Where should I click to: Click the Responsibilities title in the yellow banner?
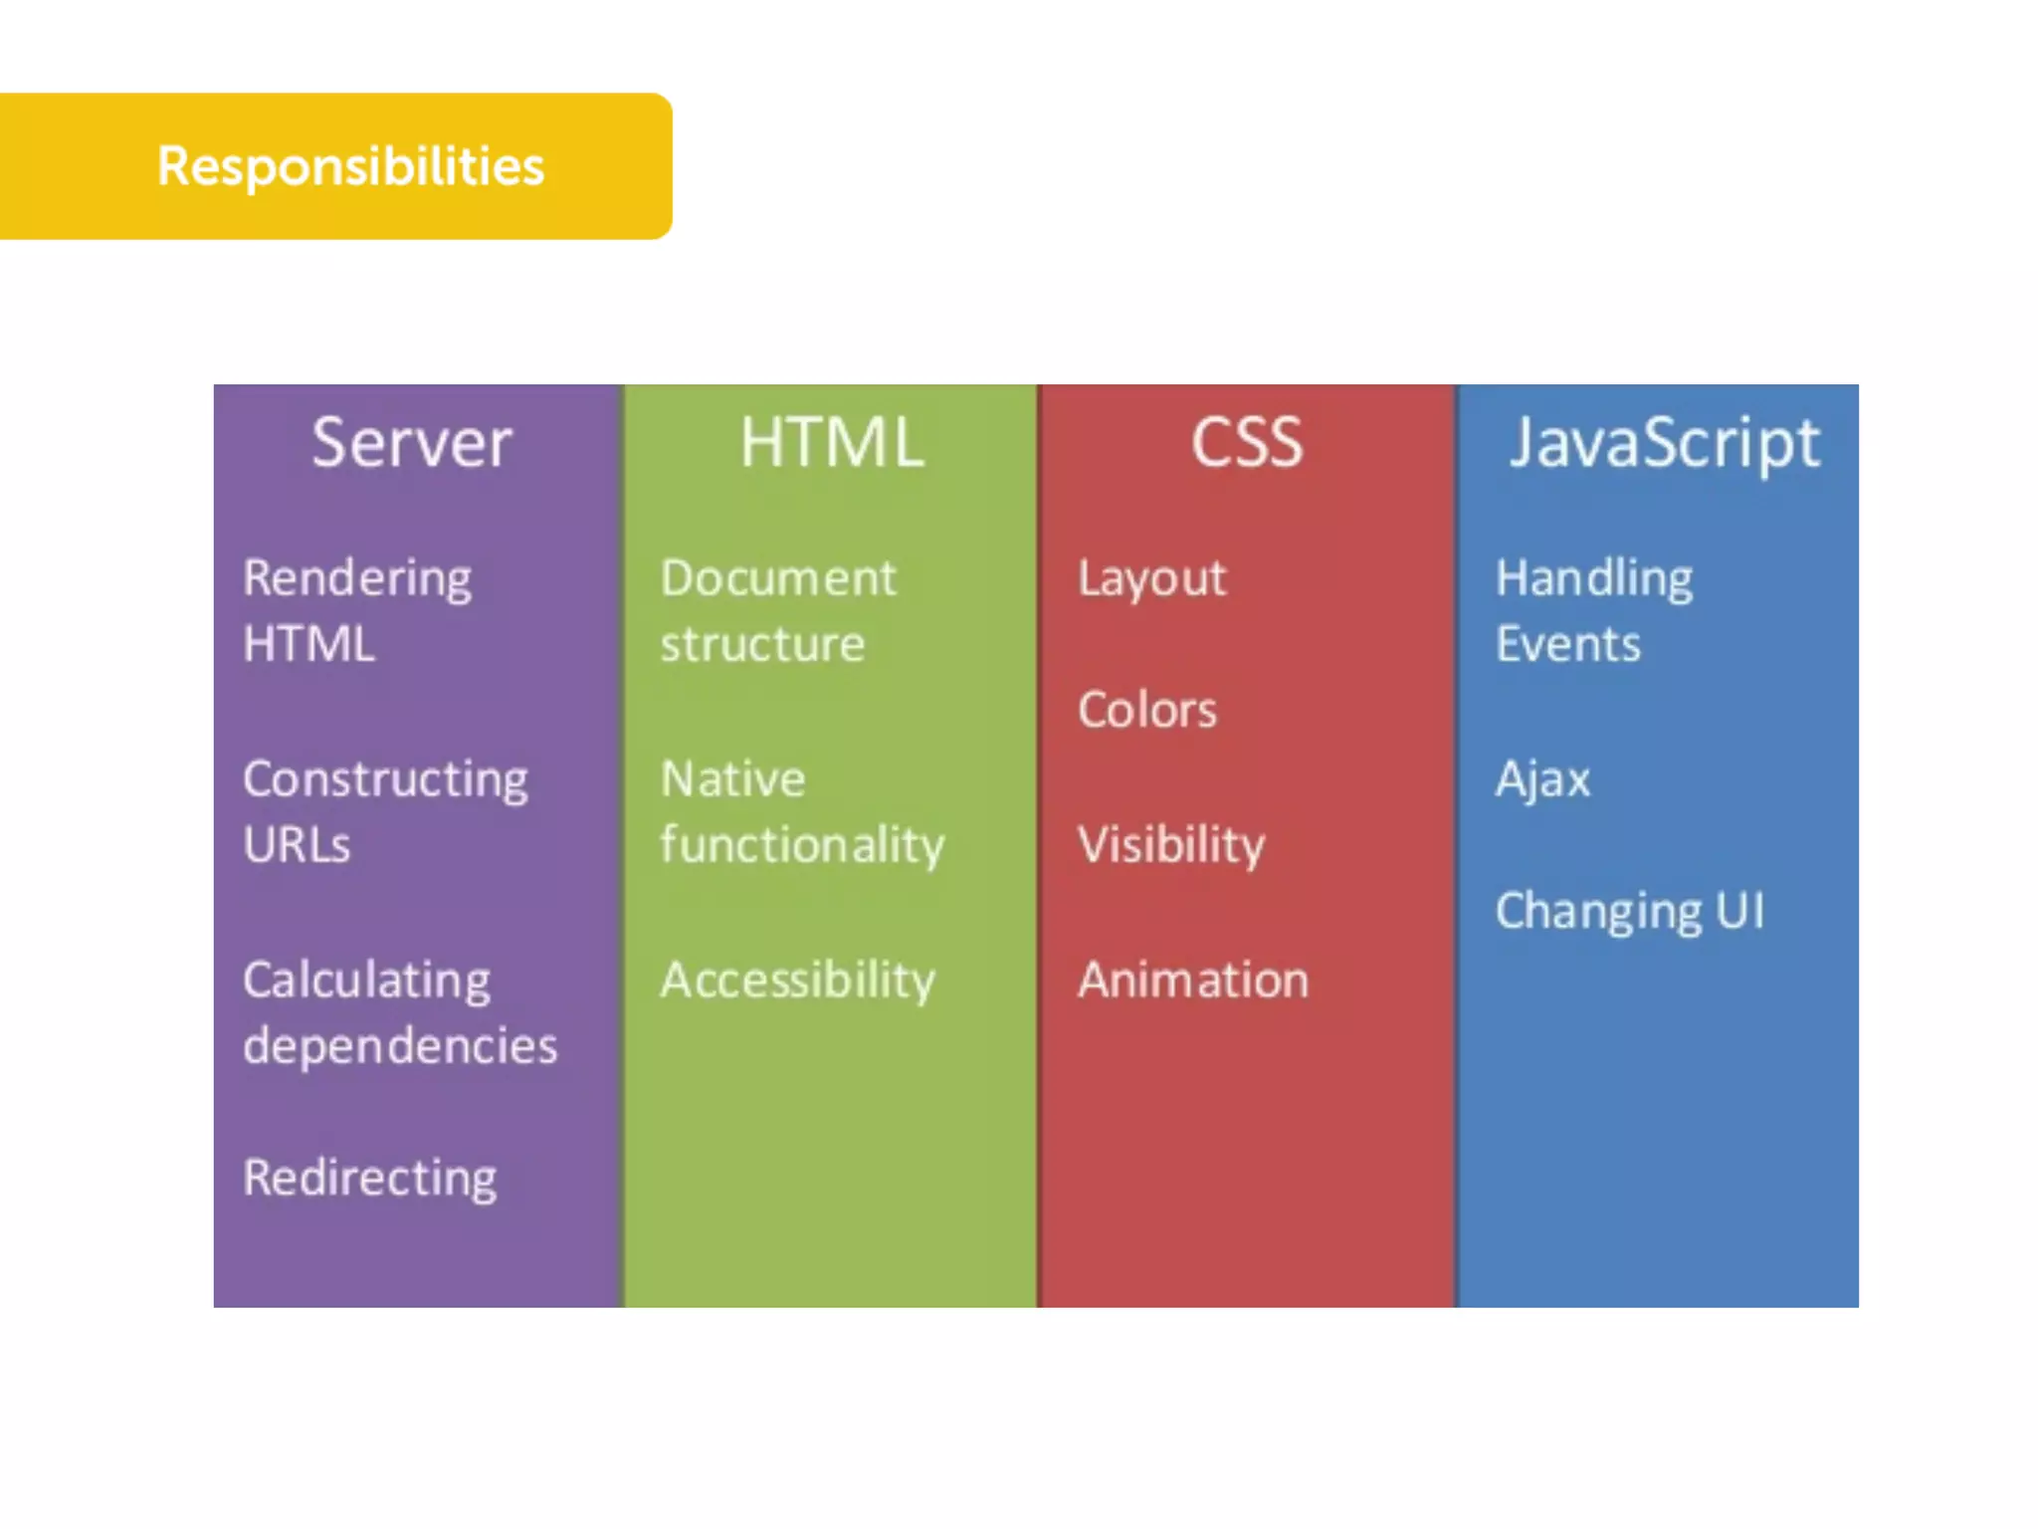click(x=350, y=166)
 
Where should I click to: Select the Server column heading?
click(x=411, y=443)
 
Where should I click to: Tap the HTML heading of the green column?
click(x=832, y=443)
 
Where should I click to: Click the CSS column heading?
click(x=1247, y=443)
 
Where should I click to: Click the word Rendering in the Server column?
click(x=357, y=579)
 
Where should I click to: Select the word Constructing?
click(x=385, y=779)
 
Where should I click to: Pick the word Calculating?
click(x=366, y=982)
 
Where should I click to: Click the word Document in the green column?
click(x=778, y=579)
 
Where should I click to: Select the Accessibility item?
click(x=798, y=982)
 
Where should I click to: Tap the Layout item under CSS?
click(x=1152, y=579)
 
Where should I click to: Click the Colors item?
click(x=1147, y=711)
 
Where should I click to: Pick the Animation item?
click(x=1193, y=981)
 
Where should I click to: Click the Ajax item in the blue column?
click(x=1542, y=779)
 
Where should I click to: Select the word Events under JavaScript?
click(x=1568, y=645)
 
